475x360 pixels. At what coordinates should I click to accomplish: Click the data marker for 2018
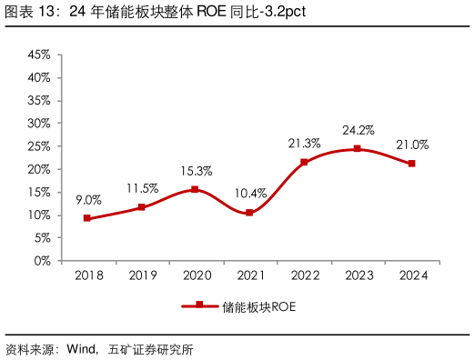coord(87,218)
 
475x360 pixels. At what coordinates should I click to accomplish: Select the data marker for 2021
coord(249,212)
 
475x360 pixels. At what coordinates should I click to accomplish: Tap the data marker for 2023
coord(358,148)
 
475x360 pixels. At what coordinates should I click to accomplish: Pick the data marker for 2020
coord(195,189)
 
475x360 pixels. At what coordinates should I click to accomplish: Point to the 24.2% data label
coord(358,130)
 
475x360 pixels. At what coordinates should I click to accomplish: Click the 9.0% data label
coord(88,200)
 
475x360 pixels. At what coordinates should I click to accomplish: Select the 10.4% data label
coord(250,194)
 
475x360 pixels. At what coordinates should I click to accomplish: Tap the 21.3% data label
coord(304,144)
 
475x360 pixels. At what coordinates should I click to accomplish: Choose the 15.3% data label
coord(196,171)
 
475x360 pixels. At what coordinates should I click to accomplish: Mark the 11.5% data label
coord(142,188)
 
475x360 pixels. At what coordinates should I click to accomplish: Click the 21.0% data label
coord(412,145)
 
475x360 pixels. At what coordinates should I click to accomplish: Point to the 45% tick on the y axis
coord(38,55)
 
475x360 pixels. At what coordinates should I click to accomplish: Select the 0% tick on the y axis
coord(42,261)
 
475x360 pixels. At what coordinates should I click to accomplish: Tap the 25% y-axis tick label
coord(38,146)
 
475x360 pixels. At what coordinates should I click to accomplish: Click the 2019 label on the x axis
coord(142,275)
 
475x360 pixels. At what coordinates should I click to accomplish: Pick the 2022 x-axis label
coord(304,275)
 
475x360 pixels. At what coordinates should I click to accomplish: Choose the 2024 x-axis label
coord(412,275)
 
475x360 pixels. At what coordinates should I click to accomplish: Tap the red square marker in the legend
coord(198,305)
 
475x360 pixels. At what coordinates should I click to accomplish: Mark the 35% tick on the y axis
coord(38,100)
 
